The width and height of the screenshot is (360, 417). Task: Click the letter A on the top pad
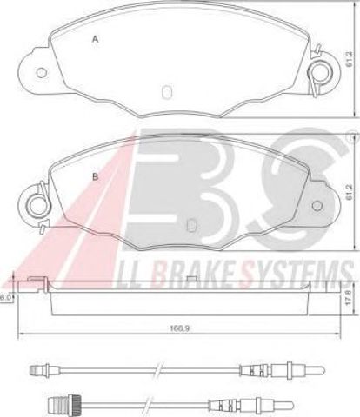click(96, 39)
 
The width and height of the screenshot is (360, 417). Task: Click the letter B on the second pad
click(95, 176)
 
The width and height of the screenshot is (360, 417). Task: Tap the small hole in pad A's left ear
click(42, 73)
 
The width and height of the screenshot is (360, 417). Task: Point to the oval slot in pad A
click(167, 92)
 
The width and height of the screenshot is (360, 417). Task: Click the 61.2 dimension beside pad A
click(349, 59)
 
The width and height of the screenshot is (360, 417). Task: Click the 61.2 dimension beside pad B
click(349, 192)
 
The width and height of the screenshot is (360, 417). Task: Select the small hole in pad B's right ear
click(317, 206)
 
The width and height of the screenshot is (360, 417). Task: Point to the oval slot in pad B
click(192, 225)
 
